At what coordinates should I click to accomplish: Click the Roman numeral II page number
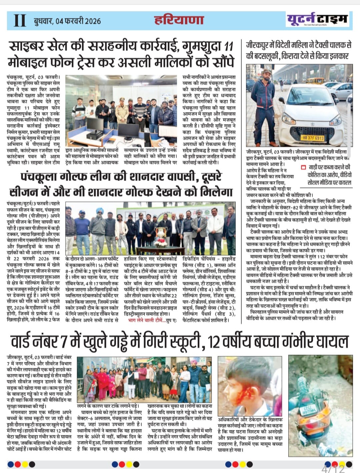coord(20,20)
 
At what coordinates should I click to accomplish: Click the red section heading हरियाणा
coord(179,20)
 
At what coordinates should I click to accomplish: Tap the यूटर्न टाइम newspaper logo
coord(318,19)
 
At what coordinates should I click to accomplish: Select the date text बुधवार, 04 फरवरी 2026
coord(67,21)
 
